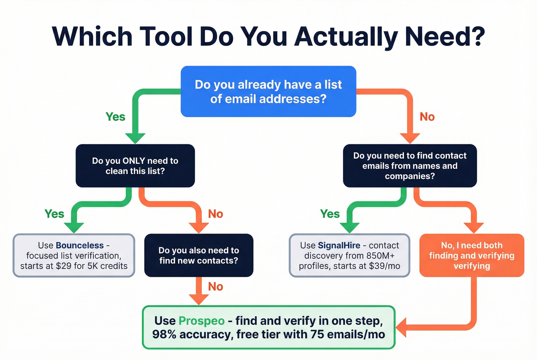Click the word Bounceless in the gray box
coord(80,245)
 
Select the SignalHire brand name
coord(339,245)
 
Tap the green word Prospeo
coord(201,321)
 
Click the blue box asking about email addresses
coord(268,92)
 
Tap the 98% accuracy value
coord(165,334)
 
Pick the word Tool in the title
coord(166,36)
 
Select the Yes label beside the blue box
coord(115,117)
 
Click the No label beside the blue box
coord(427,117)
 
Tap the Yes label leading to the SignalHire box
coord(330,214)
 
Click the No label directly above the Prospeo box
coord(216,287)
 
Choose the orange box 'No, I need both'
coord(471,255)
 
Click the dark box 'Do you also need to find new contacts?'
coord(199,255)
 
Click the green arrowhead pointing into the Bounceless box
coord(74,227)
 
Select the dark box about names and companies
coord(410,166)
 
